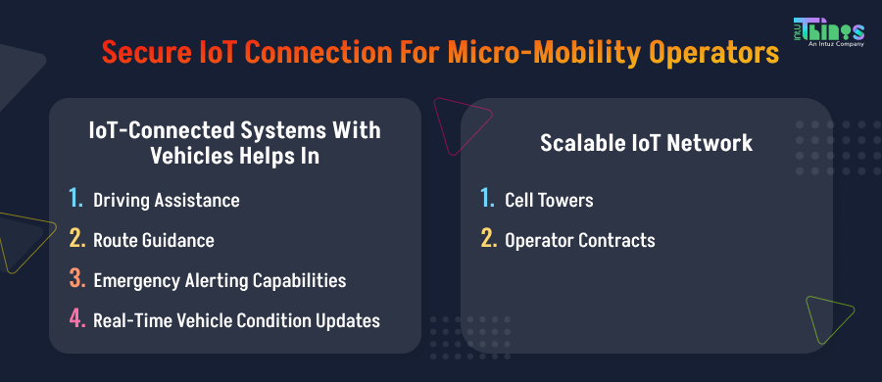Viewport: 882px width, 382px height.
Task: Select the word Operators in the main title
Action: point(709,51)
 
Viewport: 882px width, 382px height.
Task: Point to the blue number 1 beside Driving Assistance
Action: point(75,200)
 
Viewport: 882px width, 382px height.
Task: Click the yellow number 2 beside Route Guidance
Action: point(75,240)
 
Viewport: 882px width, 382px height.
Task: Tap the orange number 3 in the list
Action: point(75,280)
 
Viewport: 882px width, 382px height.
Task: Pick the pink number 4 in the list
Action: point(75,319)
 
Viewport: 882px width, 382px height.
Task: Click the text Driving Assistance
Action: point(166,201)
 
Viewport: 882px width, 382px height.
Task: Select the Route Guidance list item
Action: point(153,240)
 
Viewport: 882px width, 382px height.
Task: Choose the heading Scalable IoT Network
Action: point(647,143)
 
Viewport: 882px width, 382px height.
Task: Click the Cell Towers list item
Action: point(549,201)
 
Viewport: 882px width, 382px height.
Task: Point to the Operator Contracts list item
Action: point(579,240)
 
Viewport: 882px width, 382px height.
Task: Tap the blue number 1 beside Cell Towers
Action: point(487,200)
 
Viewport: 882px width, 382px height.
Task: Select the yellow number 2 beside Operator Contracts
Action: point(487,240)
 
